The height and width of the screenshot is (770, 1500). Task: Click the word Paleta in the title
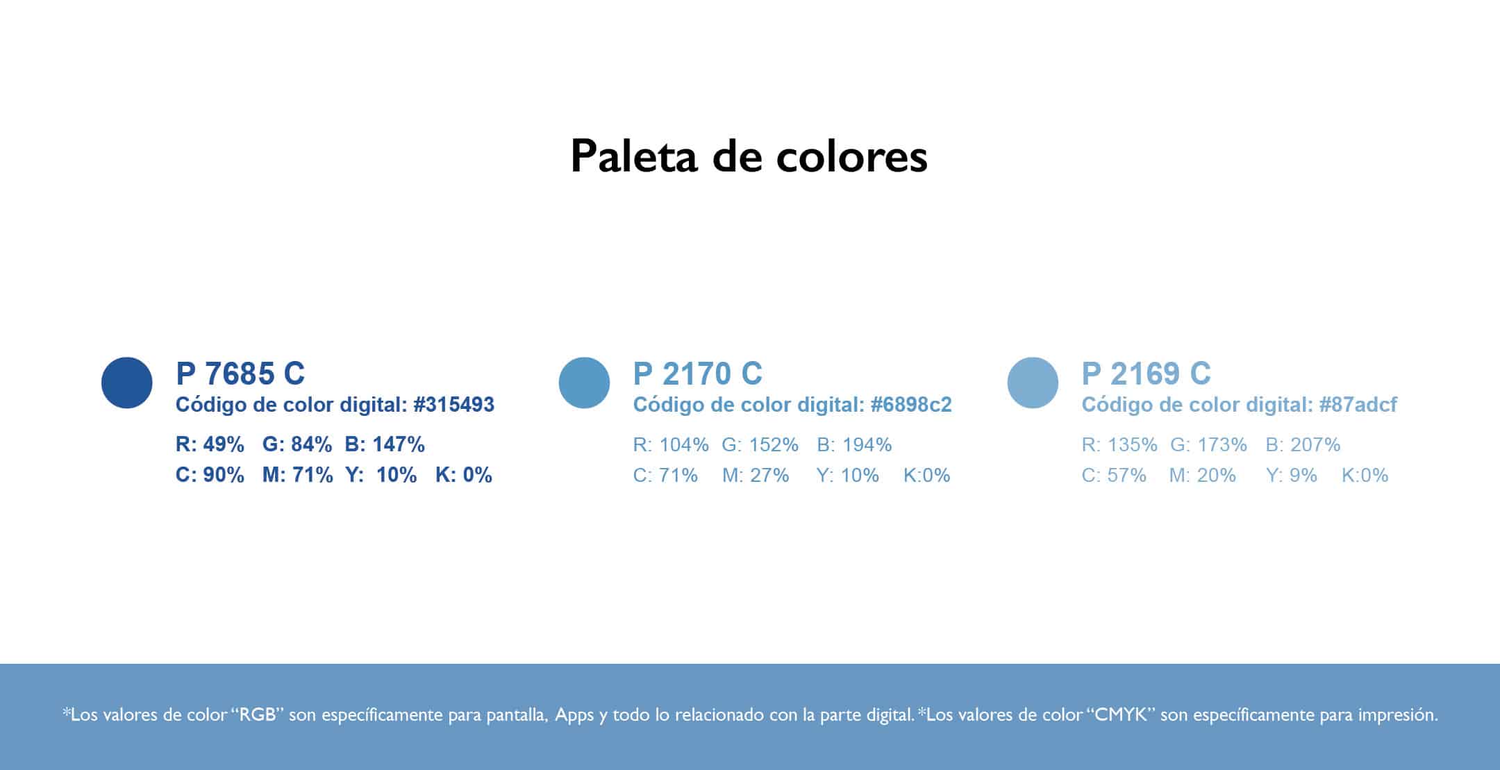coord(633,156)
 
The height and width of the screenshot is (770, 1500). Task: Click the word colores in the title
coord(851,156)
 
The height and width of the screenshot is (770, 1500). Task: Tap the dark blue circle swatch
coord(127,383)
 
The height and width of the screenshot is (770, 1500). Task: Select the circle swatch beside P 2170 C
coord(584,383)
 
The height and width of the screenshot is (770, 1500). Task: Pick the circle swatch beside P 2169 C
coord(1033,383)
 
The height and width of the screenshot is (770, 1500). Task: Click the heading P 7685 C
coord(240,374)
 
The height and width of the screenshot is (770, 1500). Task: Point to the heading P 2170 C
coord(697,374)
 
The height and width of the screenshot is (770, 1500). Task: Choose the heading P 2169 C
coord(1146,374)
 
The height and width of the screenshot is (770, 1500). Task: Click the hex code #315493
coord(453,405)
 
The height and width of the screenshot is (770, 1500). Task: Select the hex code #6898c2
coord(911,405)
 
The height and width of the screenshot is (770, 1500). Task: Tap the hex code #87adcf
coord(1358,405)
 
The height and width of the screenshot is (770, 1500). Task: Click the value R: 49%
coord(210,444)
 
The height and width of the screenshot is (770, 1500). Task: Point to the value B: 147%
coord(385,444)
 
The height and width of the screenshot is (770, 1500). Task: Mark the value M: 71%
coord(297,475)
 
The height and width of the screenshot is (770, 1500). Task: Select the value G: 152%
coord(760,444)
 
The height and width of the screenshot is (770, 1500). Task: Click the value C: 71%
coord(665,475)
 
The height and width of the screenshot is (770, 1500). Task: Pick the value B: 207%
coord(1303,444)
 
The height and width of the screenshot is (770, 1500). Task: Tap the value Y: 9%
coord(1291,475)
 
